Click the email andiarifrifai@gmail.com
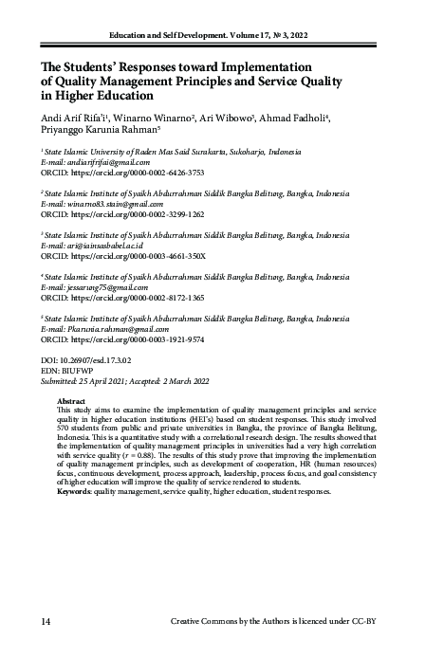tap(106, 161)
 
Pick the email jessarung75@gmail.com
tap(103, 286)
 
